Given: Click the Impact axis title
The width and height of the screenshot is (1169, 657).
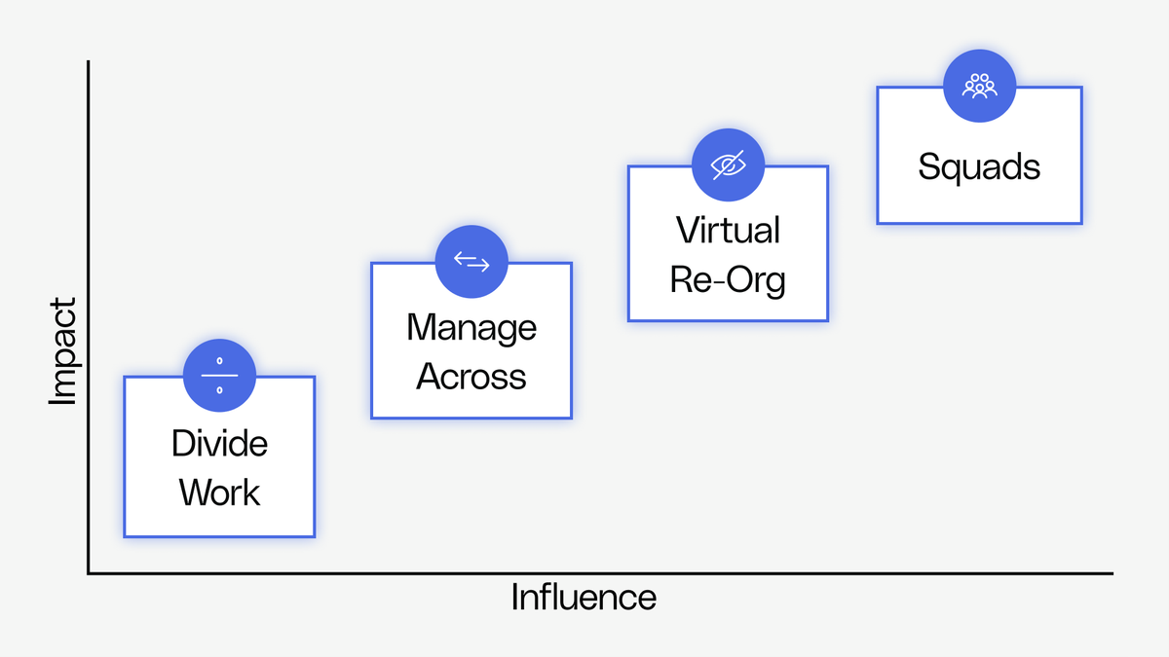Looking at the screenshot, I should pyautogui.click(x=62, y=351).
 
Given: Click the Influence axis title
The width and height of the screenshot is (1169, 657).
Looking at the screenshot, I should pyautogui.click(x=584, y=597).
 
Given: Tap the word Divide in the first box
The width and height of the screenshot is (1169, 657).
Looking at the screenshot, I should pyautogui.click(x=219, y=444).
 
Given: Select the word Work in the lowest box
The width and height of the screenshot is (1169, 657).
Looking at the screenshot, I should pyautogui.click(x=219, y=493).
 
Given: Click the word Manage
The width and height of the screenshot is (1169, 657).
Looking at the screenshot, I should pyautogui.click(x=471, y=327).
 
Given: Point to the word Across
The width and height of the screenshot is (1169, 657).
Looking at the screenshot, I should pyautogui.click(x=471, y=377).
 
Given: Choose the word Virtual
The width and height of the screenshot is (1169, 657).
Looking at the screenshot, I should pyautogui.click(x=728, y=231).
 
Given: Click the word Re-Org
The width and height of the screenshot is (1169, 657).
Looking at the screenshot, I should pyautogui.click(x=728, y=280).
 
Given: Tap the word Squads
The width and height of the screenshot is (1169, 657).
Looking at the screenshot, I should pyautogui.click(x=979, y=167).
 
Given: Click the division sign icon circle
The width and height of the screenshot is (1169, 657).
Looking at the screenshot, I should pyautogui.click(x=219, y=376).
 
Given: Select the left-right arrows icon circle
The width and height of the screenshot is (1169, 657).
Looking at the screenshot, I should pyautogui.click(x=471, y=262).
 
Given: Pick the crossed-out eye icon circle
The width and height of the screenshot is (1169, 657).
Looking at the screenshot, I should pyautogui.click(x=728, y=164).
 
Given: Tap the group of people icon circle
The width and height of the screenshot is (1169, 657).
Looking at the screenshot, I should pyautogui.click(x=979, y=86).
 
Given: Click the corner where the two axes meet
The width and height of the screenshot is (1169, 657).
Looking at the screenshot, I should pyautogui.click(x=89, y=573).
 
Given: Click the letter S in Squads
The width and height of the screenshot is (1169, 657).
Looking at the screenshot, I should pyautogui.click(x=927, y=167).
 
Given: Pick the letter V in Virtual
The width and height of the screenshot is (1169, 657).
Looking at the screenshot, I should pyautogui.click(x=687, y=231).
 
